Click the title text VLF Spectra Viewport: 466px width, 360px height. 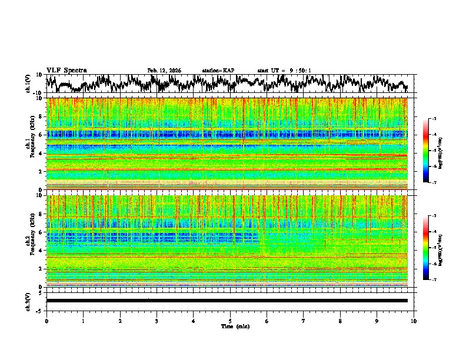pos(66,70)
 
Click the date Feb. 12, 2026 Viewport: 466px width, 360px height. pos(164,71)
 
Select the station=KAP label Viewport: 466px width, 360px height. pos(218,71)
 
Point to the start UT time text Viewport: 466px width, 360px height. pos(284,71)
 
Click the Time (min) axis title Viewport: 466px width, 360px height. pos(230,326)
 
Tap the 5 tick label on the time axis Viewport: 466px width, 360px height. pos(230,320)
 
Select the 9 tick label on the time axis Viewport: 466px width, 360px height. pos(377,320)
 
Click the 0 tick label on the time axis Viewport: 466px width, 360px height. pos(46,320)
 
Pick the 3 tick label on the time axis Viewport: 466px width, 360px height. pos(157,320)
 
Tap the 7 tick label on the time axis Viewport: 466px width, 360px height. pos(304,320)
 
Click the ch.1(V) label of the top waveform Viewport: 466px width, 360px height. pos(28,84)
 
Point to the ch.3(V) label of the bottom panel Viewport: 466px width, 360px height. pos(28,300)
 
